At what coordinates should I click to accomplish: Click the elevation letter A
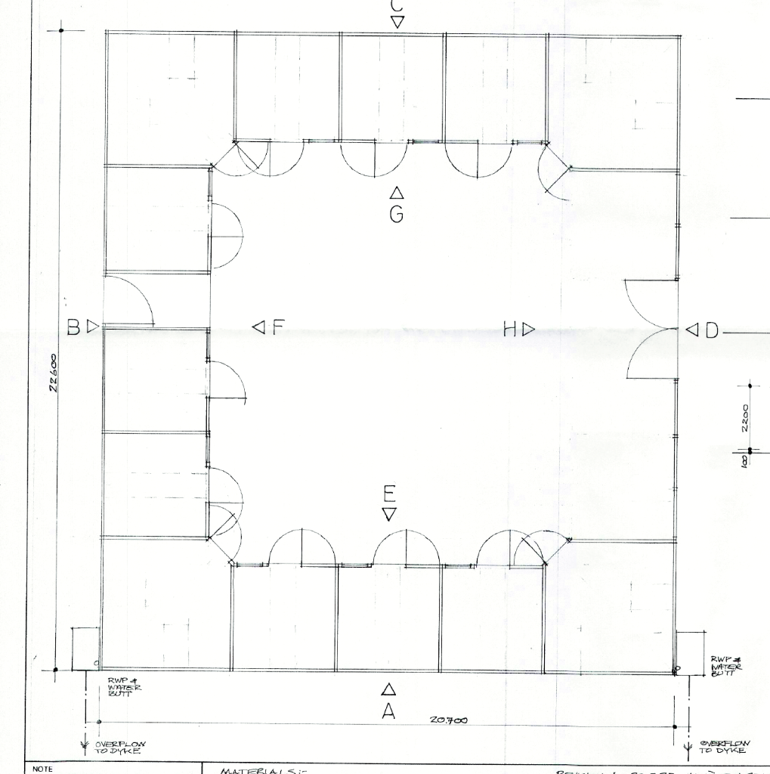[388, 711]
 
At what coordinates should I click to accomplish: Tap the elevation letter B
[74, 327]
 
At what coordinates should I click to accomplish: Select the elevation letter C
[397, 5]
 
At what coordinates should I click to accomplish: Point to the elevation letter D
[711, 330]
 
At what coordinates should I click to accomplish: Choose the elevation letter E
[390, 495]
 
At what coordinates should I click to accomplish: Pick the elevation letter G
[396, 215]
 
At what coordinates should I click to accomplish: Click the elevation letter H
[510, 329]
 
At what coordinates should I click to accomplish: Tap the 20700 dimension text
[449, 720]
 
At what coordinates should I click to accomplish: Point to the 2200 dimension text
[745, 417]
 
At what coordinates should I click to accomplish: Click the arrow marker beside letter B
[93, 327]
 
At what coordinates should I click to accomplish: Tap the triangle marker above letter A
[388, 689]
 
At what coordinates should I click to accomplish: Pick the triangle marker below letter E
[390, 515]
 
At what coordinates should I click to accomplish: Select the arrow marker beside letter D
[693, 330]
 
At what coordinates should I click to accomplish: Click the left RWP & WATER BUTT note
[124, 687]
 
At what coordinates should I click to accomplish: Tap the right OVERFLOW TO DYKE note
[724, 746]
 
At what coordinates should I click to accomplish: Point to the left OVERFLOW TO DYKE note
[121, 747]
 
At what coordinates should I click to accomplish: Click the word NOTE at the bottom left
[42, 769]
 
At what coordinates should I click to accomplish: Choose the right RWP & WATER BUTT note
[726, 667]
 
